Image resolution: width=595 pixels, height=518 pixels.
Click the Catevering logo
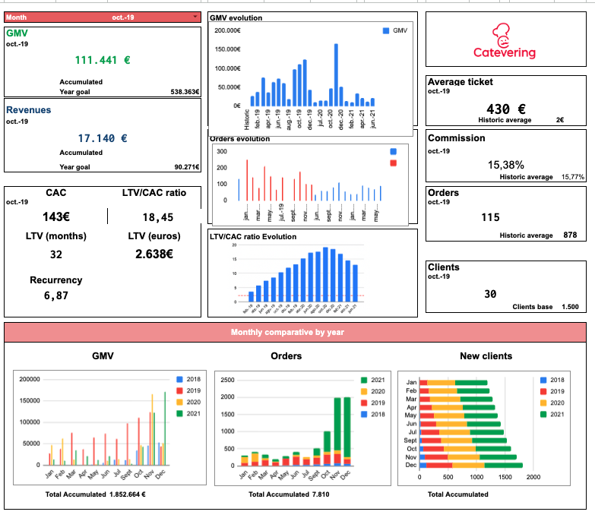tap(505, 42)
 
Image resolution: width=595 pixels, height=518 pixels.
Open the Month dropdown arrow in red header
tap(195, 16)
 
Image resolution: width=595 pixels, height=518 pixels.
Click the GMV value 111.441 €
tap(103, 60)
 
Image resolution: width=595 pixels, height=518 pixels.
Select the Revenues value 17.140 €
tap(103, 138)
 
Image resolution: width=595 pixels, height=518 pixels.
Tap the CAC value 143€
tap(55, 216)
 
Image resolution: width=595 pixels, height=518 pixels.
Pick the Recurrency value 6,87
tap(55, 295)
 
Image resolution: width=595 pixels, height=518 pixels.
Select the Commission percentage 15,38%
tap(505, 164)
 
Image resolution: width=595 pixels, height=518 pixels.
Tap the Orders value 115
tap(491, 217)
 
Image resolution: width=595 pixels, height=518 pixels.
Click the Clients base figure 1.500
tap(570, 306)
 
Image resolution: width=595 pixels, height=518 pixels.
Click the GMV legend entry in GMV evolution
tap(395, 30)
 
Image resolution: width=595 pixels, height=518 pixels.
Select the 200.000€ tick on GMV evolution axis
tap(227, 30)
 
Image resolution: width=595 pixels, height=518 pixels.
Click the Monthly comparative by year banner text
tap(295, 332)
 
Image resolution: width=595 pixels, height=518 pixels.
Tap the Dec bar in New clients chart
tap(471, 465)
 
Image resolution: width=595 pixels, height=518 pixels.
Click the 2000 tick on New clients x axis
tap(533, 477)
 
